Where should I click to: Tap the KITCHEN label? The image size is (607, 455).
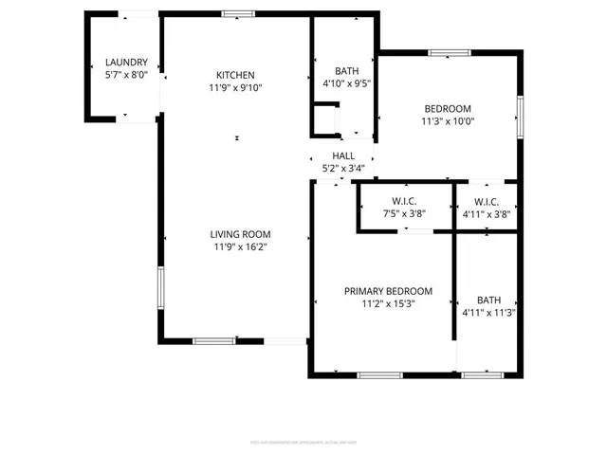(235, 75)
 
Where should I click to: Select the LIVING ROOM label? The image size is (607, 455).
(241, 234)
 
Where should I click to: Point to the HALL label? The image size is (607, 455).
(342, 155)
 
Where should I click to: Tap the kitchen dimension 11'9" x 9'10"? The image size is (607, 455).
(235, 88)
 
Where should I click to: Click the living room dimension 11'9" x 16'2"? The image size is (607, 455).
(241, 247)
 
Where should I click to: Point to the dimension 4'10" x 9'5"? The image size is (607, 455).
(346, 83)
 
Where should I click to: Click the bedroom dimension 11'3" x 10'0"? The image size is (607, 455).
(448, 120)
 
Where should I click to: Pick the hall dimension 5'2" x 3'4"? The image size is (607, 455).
(342, 169)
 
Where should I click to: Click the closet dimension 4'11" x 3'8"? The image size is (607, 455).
(487, 214)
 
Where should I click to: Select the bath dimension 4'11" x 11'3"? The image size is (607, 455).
(488, 312)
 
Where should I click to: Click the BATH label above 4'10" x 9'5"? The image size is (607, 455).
(346, 71)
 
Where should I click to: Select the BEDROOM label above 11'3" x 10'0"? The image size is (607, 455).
(448, 107)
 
